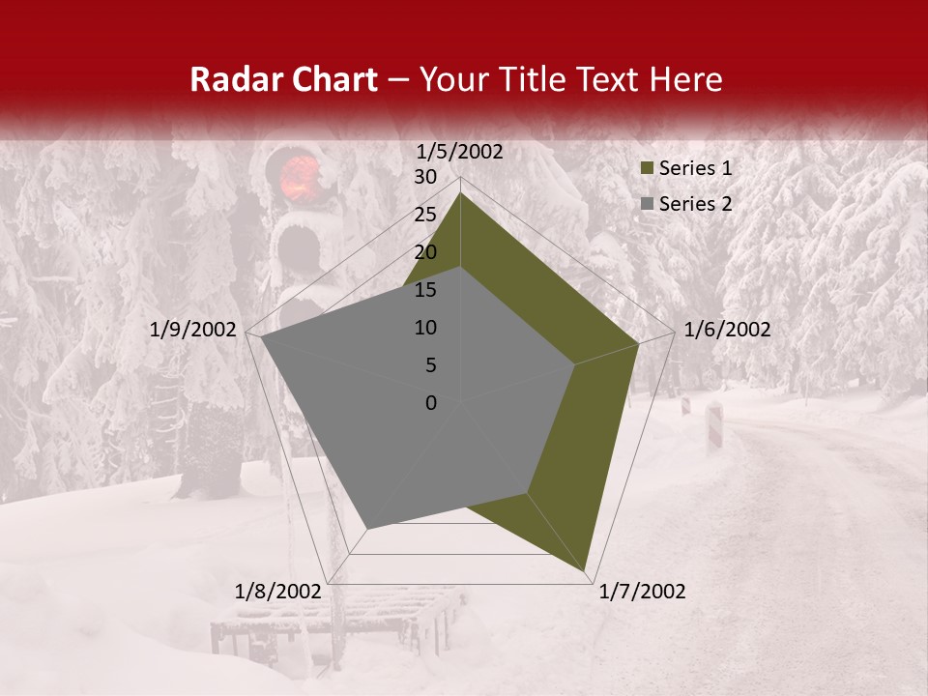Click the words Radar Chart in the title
pos(283,80)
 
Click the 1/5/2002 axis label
pos(459,152)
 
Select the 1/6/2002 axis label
pos(727,330)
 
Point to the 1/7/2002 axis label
pos(643,592)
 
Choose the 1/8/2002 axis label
pos(277,592)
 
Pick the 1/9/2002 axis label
pos(193,330)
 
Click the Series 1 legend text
pos(695,168)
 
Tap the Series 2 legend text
pos(695,204)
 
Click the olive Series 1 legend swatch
pos(648,169)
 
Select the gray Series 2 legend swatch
pos(648,205)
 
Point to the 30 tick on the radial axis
pos(424,177)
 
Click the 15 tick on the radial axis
pos(424,290)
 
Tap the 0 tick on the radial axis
pos(431,403)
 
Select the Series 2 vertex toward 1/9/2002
pos(261,338)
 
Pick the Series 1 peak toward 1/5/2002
pos(461,193)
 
